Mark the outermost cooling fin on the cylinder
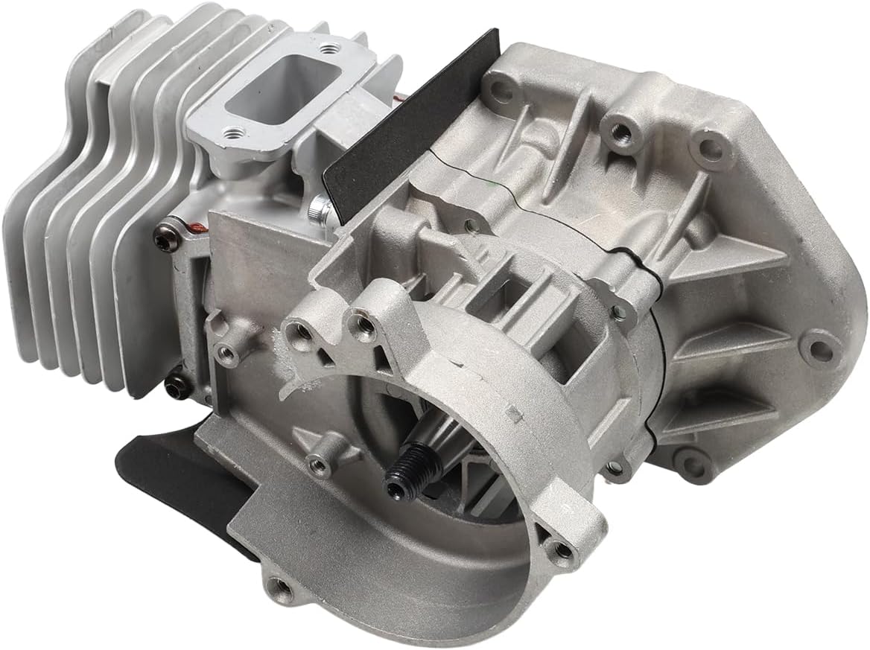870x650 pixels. pos(30,223)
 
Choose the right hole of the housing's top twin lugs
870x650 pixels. pos(363,322)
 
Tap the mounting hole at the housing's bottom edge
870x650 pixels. pos(279,589)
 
